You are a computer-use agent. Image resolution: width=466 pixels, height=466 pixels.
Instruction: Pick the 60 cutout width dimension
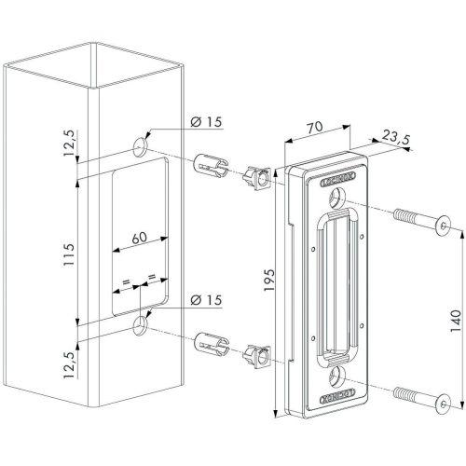point(140,239)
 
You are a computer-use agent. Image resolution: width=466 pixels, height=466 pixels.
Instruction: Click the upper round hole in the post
point(141,145)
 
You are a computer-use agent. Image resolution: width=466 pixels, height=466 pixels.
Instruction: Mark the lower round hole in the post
point(141,325)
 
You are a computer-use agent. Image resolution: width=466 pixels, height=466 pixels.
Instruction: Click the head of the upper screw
point(445,225)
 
